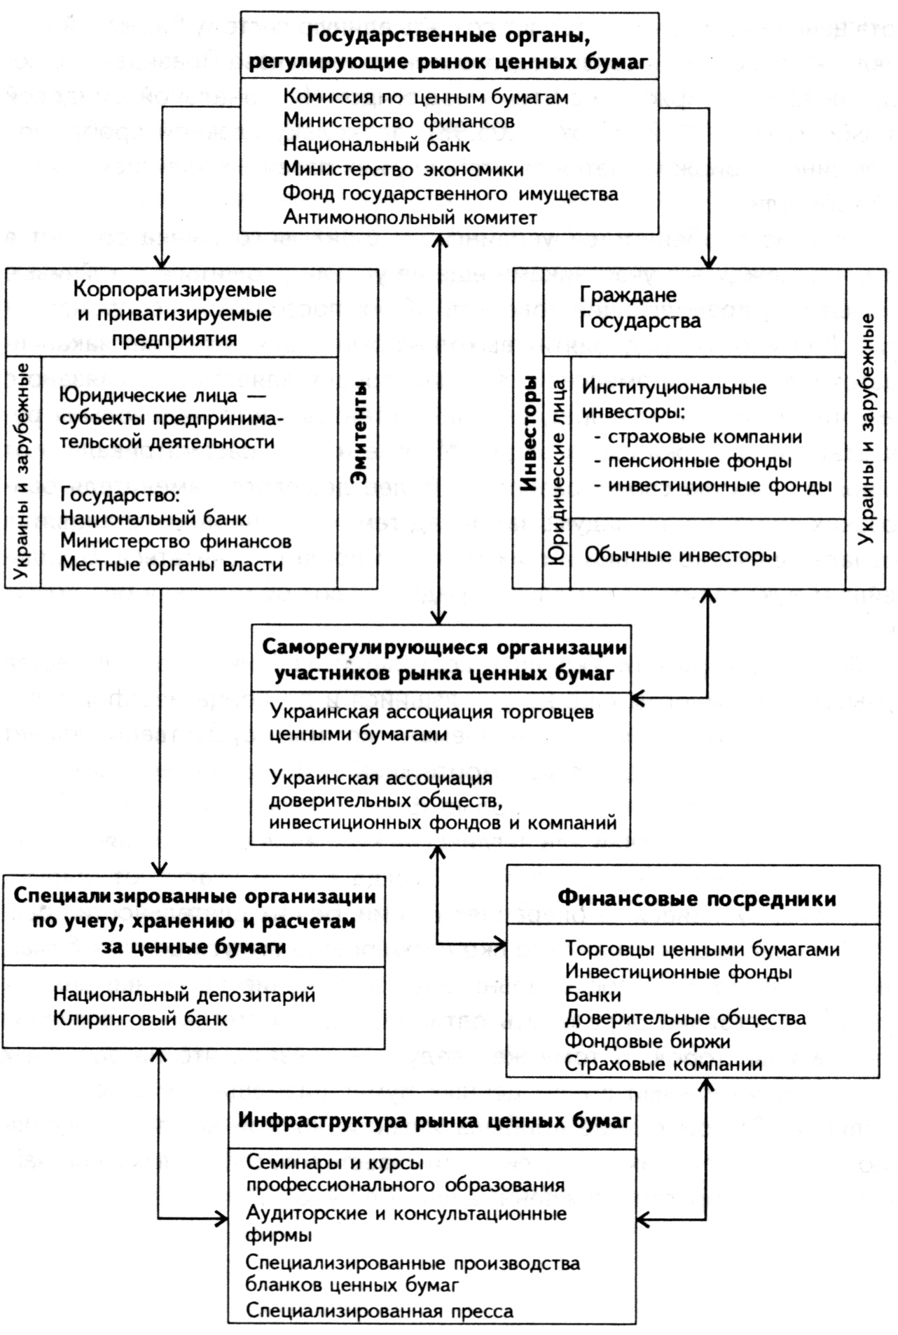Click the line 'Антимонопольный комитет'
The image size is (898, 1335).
tap(410, 218)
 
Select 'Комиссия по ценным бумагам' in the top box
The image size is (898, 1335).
tap(425, 97)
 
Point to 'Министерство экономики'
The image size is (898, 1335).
tap(403, 169)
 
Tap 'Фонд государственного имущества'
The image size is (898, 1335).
tap(450, 194)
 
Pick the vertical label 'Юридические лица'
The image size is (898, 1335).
tap(557, 470)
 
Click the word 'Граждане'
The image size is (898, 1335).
tap(628, 295)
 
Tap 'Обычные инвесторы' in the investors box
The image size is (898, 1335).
tap(680, 556)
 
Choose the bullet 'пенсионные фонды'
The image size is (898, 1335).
tap(699, 461)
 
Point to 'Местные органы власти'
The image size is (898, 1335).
tap(172, 565)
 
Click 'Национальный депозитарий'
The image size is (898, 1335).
tap(184, 995)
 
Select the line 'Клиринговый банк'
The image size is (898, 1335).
tap(140, 1019)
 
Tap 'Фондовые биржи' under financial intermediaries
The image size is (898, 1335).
tap(647, 1041)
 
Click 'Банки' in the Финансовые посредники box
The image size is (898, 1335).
tap(593, 995)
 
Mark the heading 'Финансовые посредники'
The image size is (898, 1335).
tap(696, 899)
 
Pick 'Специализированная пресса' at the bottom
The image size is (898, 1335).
tap(379, 1311)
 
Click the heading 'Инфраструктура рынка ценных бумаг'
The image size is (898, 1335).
tap(434, 1121)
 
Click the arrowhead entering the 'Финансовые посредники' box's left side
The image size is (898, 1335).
tap(500, 945)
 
